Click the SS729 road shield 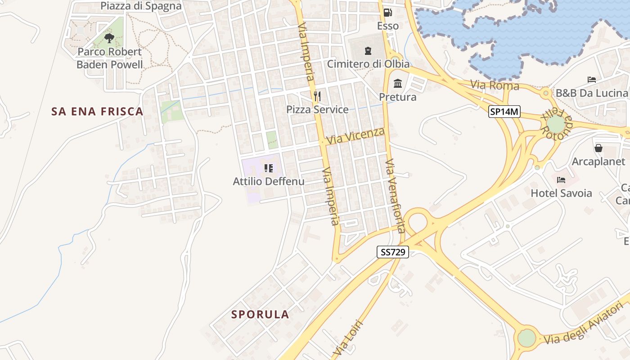coord(393,252)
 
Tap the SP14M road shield coord(504,112)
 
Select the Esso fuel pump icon coord(387,13)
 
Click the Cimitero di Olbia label coord(368,64)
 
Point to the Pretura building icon coord(398,84)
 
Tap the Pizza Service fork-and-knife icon coord(317,96)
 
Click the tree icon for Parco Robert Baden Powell coord(109,38)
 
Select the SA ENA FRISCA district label coord(97,112)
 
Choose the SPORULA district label coord(260,314)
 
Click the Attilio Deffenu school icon coord(269,168)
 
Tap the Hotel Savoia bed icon coord(561,180)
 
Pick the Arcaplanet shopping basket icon coord(598,148)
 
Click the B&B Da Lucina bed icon coord(592,80)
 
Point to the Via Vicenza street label coord(355,135)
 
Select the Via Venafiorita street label coord(395,196)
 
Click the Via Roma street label coord(495,85)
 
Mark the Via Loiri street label coord(348,340)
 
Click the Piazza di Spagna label coord(141,6)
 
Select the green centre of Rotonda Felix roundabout coord(556,124)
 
